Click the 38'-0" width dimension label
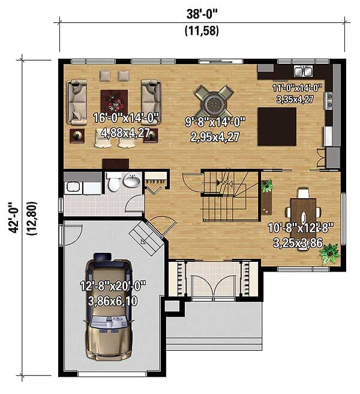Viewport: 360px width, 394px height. (202, 14)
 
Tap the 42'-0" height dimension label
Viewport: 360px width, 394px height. (14, 217)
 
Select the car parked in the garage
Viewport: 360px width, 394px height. (109, 307)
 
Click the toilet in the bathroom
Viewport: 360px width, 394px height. (114, 181)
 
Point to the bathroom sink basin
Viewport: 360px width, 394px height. (132, 180)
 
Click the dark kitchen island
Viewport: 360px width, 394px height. (277, 127)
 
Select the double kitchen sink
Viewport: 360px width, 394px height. (303, 71)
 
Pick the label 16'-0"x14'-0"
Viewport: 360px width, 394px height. (126, 118)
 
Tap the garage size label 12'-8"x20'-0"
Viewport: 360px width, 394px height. (113, 286)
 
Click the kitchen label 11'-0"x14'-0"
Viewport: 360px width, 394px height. (297, 88)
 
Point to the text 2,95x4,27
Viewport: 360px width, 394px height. (215, 137)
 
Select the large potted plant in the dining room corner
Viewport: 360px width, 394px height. (330, 253)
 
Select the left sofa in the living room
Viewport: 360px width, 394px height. (77, 102)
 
